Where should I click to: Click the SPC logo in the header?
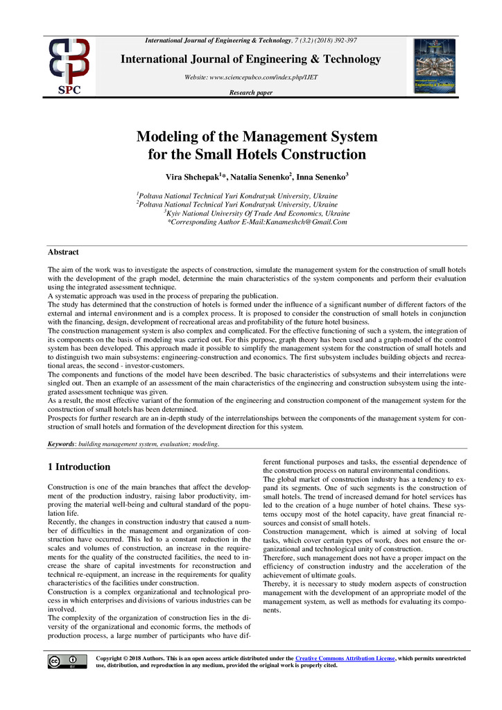point(68,66)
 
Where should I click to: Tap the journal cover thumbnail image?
point(434,66)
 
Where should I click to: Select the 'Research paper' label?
point(250,93)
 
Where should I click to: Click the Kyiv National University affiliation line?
point(257,214)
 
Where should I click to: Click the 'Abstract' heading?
point(63,252)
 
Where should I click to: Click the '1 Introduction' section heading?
point(79,467)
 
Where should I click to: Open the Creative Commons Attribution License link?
point(345,657)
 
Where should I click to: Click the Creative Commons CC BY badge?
point(67,661)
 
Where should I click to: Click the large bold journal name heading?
point(251,59)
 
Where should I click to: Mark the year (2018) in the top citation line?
point(322,43)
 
